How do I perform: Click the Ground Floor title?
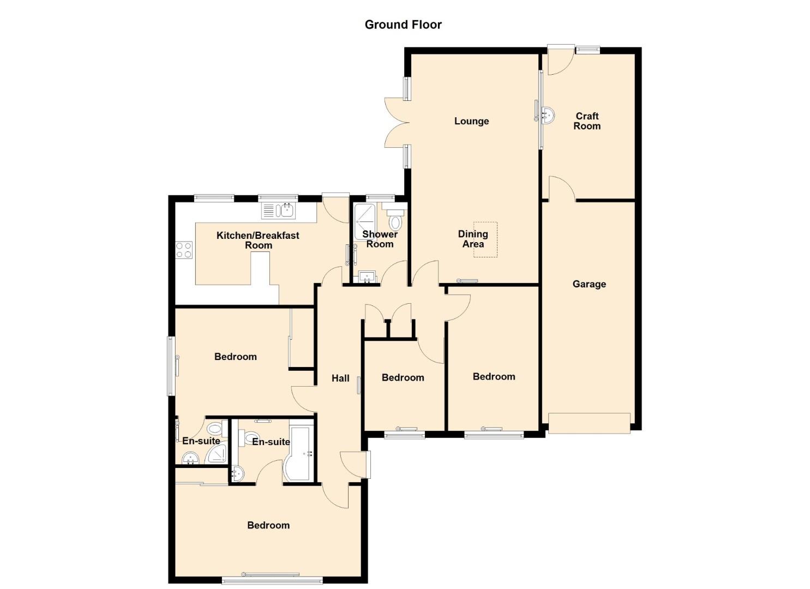403,25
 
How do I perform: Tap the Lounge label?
471,121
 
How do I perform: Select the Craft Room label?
587,121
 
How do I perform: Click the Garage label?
589,284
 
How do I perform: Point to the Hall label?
340,378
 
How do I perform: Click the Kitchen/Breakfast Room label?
258,241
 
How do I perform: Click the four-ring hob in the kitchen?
184,250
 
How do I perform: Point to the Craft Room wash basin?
548,116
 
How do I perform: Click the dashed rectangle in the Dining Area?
485,239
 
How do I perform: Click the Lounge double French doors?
397,122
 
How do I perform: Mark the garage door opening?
589,423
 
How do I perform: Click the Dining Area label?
473,239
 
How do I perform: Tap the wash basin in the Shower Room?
368,277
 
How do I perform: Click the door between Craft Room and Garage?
562,188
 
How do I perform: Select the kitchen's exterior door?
335,209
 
